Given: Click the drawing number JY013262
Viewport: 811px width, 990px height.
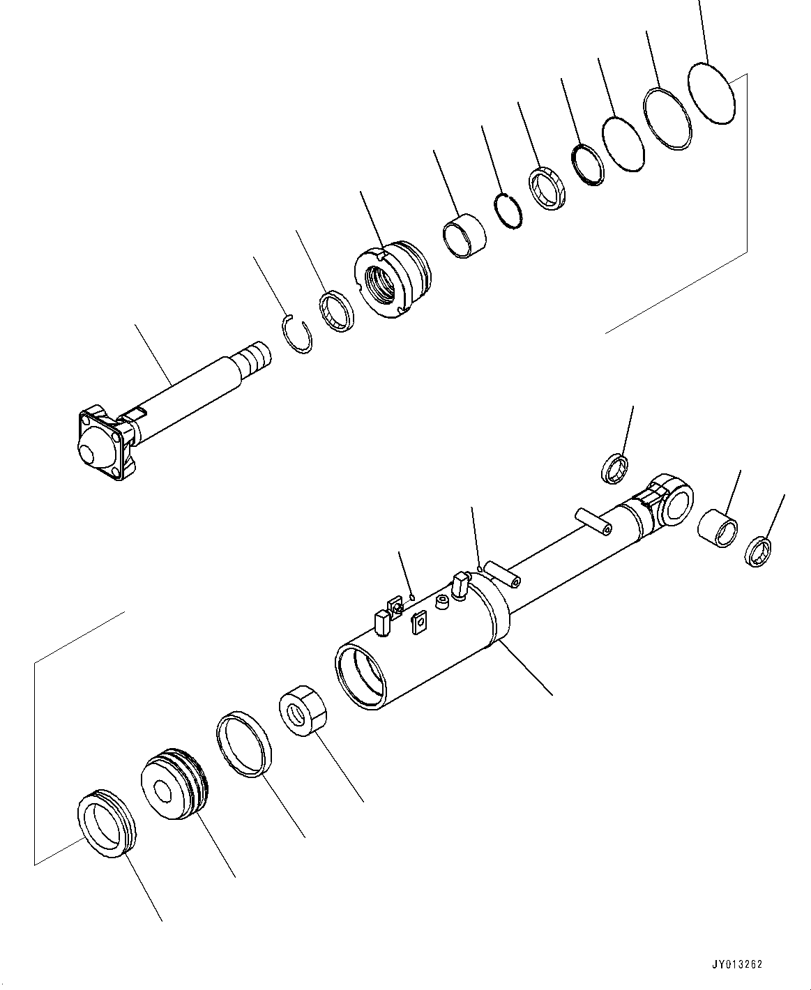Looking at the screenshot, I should (736, 965).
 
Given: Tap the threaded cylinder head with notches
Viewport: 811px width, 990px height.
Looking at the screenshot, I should (391, 279).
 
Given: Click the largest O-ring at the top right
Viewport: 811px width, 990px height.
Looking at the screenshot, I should (711, 93).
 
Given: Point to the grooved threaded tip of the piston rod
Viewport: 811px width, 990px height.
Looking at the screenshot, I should (253, 357).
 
